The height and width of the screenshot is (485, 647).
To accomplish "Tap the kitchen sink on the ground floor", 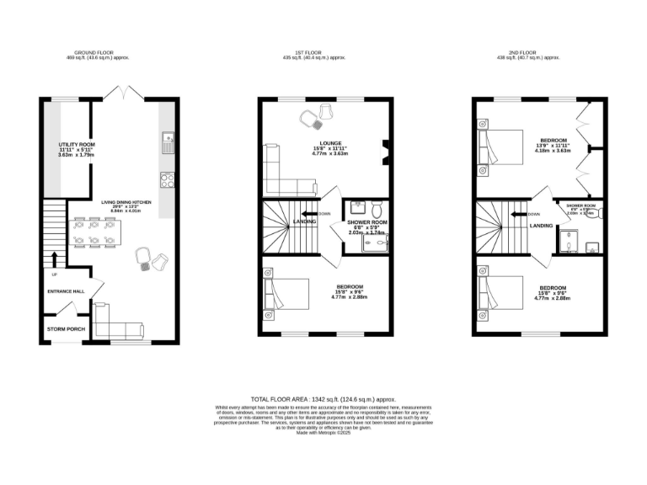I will [x=168, y=142].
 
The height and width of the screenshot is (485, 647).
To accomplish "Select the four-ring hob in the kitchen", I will [x=168, y=179].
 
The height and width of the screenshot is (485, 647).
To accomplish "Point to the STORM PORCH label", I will [x=66, y=328].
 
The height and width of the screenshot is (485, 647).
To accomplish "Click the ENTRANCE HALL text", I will [x=66, y=291].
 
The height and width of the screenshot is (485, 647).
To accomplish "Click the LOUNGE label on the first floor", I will [x=330, y=144].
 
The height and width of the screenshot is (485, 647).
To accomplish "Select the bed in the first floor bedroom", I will [x=282, y=294].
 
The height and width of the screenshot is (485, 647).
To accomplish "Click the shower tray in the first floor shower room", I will [x=375, y=242].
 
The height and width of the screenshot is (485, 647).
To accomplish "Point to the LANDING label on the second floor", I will [x=542, y=226].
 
